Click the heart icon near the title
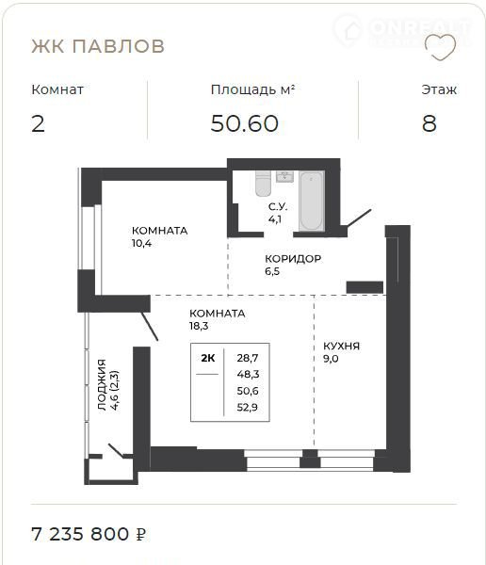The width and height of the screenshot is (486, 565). [x=440, y=47]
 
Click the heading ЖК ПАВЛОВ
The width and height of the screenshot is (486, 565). [x=98, y=46]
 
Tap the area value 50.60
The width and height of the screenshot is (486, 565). [x=245, y=123]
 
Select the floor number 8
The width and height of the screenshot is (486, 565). [x=429, y=123]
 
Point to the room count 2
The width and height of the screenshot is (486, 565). [x=39, y=123]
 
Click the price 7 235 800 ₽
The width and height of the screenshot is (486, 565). [x=89, y=534]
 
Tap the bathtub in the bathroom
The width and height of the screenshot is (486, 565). [x=312, y=201]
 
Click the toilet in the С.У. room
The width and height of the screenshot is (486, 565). [x=263, y=183]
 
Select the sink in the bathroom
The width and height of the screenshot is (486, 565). [x=284, y=177]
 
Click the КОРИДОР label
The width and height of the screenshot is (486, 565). [x=293, y=259]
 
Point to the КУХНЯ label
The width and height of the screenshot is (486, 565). [x=341, y=346]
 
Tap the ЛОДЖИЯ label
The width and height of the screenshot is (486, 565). [x=102, y=384]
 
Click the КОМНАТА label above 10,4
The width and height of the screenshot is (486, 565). [x=160, y=231]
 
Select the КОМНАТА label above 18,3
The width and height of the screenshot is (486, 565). [x=218, y=314]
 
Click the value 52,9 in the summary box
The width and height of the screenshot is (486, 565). [x=248, y=408]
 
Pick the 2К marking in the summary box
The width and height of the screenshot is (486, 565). [x=208, y=358]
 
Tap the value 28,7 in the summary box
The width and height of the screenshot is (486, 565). [x=248, y=358]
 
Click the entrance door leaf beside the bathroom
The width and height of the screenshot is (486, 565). [x=358, y=218]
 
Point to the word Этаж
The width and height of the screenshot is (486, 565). [x=439, y=89]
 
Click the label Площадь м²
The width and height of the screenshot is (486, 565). [x=253, y=89]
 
